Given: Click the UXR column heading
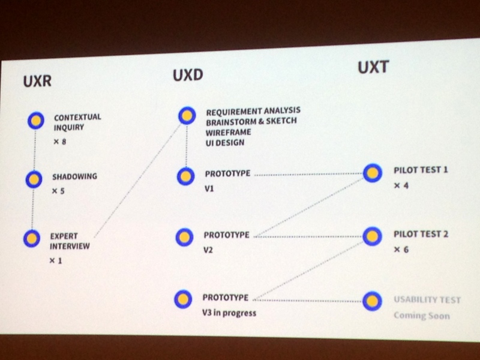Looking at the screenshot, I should pyautogui.click(x=37, y=82).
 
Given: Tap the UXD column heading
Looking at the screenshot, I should pyautogui.click(x=188, y=76).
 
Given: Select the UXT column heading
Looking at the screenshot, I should pyautogui.click(x=373, y=67).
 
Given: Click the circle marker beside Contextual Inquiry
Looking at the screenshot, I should pyautogui.click(x=36, y=121).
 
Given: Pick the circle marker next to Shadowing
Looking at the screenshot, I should pyautogui.click(x=34, y=178).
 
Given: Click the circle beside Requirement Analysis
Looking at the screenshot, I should pyautogui.click(x=187, y=115).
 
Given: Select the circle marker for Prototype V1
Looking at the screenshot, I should pyautogui.click(x=186, y=176).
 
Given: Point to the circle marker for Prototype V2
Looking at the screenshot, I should pyautogui.click(x=185, y=236).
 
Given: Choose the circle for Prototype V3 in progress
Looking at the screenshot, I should pyautogui.click(x=183, y=299).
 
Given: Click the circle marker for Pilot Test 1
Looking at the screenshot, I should pyautogui.click(x=372, y=173).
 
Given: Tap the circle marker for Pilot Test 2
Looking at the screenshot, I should pyautogui.click(x=372, y=236).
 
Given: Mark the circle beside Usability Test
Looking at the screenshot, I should pyautogui.click(x=372, y=301).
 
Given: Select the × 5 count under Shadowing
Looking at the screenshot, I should pyautogui.click(x=58, y=191).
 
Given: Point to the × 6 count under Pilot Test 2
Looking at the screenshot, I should pyautogui.click(x=401, y=249).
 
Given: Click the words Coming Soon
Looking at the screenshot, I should pyautogui.click(x=421, y=316).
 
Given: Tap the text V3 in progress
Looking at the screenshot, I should pyautogui.click(x=229, y=313).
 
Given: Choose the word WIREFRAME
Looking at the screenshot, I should pyautogui.click(x=229, y=131).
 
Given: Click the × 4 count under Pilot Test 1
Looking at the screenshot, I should pyautogui.click(x=401, y=186).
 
